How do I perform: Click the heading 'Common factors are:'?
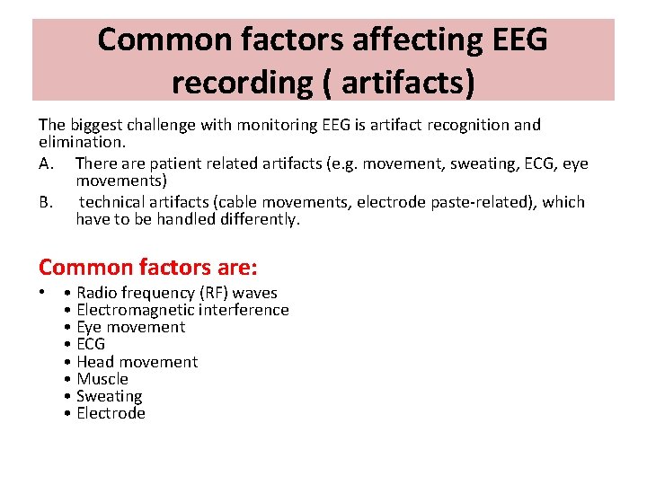coord(148,267)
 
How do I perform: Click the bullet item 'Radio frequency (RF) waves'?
coord(177,293)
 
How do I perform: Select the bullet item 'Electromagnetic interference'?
coord(182,310)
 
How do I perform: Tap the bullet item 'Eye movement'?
coord(130,327)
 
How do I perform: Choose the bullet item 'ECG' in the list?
coord(91,344)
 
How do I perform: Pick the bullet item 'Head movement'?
coord(137,362)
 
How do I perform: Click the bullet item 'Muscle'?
coord(102,379)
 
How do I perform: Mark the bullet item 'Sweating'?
coord(109,396)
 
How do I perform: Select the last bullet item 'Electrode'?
coord(111,413)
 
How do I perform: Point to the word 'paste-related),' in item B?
coord(460,202)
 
